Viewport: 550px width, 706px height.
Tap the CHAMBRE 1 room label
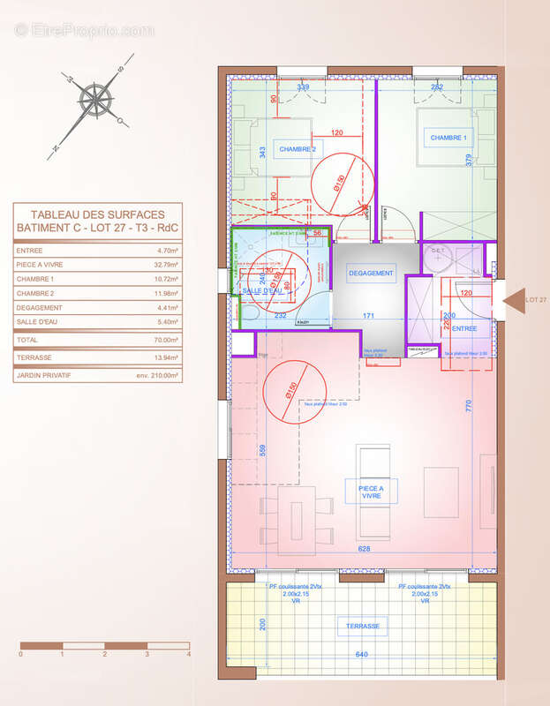(x=448, y=139)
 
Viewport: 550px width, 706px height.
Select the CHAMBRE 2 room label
(x=298, y=150)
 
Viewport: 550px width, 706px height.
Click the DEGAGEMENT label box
(x=371, y=274)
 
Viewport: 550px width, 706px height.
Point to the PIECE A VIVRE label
(x=371, y=492)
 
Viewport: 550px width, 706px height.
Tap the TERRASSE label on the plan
(x=363, y=626)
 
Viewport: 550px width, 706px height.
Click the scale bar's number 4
(x=188, y=656)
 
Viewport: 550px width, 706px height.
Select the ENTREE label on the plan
(x=463, y=328)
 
